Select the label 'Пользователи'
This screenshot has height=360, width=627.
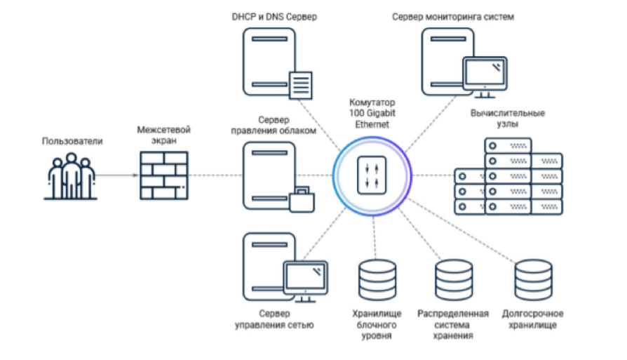(72, 141)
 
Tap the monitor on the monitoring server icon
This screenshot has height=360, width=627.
(484, 76)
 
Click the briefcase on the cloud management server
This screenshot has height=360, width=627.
(304, 198)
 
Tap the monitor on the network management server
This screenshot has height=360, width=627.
(304, 278)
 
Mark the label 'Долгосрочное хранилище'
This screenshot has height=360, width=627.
(533, 319)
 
